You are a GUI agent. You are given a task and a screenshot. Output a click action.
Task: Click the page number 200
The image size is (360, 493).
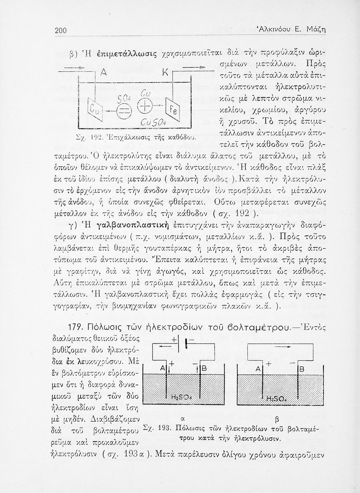(x=60, y=31)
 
